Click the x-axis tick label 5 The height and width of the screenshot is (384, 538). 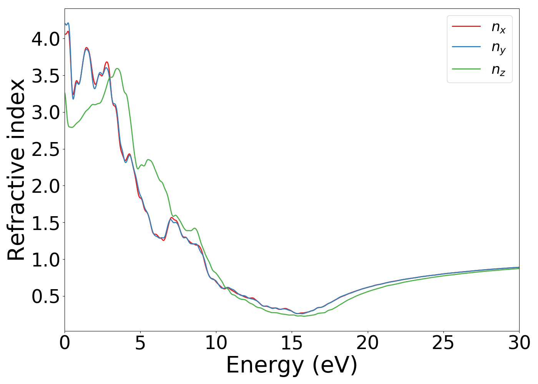(140, 343)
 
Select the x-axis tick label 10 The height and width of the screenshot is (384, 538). (216, 343)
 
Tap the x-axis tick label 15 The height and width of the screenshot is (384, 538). (292, 343)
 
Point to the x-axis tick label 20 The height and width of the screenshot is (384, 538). (368, 343)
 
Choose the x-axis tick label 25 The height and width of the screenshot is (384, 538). (443, 343)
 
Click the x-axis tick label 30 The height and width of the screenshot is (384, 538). (519, 343)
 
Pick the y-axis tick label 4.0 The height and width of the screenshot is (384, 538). (45, 39)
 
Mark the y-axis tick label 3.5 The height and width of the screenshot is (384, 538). (45, 76)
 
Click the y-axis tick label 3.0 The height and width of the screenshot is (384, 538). (45, 113)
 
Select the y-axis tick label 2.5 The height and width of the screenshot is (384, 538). (45, 149)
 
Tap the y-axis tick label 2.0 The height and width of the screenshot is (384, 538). (45, 186)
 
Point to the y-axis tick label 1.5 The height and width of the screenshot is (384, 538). (45, 223)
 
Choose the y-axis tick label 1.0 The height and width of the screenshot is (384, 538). (45, 260)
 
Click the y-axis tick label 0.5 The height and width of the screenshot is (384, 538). (45, 296)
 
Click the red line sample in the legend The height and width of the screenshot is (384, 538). (466, 26)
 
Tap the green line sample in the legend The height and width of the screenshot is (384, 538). (466, 69)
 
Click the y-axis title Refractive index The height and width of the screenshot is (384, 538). (17, 170)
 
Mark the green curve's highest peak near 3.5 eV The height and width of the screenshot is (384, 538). (118, 69)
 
